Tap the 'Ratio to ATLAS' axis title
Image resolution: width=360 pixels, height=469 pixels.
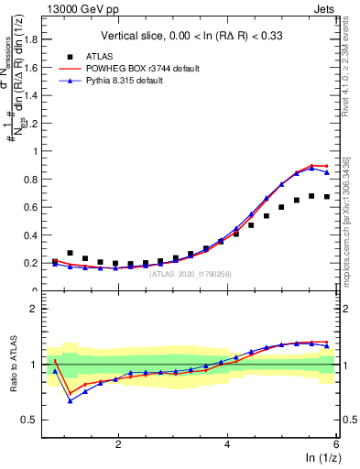[x=14, y=364]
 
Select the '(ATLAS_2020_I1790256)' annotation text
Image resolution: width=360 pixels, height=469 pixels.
[x=186, y=275]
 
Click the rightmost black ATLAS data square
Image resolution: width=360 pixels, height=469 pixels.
[x=326, y=197]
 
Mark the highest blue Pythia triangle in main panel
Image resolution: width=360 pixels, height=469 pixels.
[x=311, y=168]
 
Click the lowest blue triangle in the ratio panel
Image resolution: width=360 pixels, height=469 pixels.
[x=71, y=400]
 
